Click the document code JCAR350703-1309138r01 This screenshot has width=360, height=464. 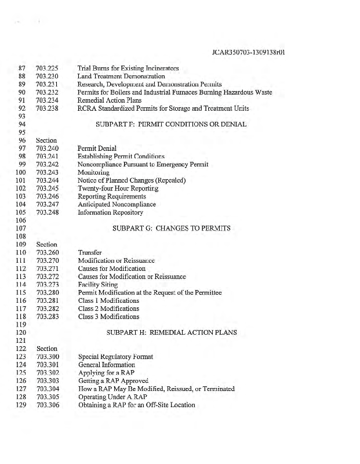251,53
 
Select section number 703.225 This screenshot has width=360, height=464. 48,68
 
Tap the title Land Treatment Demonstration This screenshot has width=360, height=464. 121,76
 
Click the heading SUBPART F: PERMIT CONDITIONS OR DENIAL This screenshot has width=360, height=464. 171,124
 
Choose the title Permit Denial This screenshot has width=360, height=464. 97,148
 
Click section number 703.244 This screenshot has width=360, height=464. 48,180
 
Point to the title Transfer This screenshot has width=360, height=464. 90,252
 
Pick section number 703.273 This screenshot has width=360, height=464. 48,285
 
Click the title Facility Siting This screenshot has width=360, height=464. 98,285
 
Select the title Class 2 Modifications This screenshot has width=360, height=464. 109,309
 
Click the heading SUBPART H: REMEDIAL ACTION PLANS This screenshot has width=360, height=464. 171,333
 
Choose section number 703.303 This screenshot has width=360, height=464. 48,380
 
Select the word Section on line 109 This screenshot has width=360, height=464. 46,245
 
